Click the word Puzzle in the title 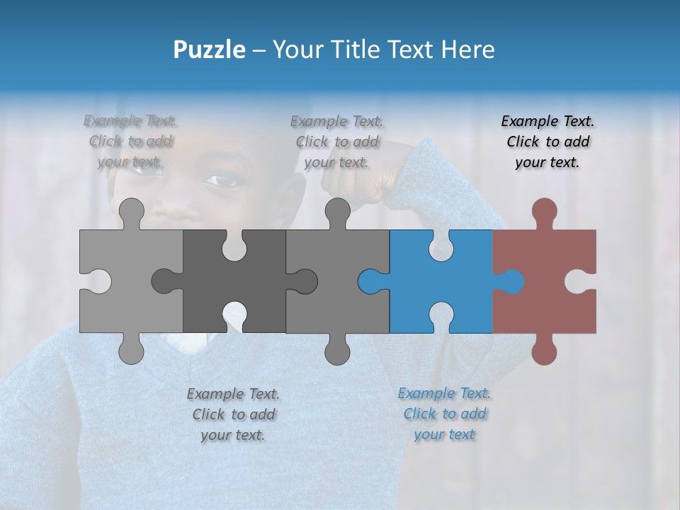[210, 50]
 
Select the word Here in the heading [467, 50]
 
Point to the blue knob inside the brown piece [511, 282]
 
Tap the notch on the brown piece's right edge [585, 282]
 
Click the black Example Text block [548, 142]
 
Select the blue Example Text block [444, 414]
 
